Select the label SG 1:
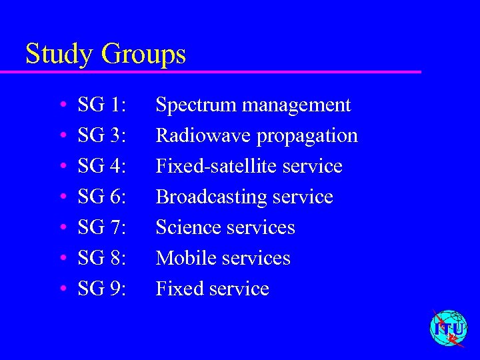pyautogui.click(x=102, y=105)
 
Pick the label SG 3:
pyautogui.click(x=102, y=136)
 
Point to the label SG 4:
pyautogui.click(x=102, y=167)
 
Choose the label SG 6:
pyautogui.click(x=102, y=197)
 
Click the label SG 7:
pyautogui.click(x=102, y=228)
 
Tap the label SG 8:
pyautogui.click(x=102, y=259)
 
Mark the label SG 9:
pyautogui.click(x=102, y=289)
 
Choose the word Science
pyautogui.click(x=188, y=228)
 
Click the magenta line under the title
pyautogui.click(x=220, y=71)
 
